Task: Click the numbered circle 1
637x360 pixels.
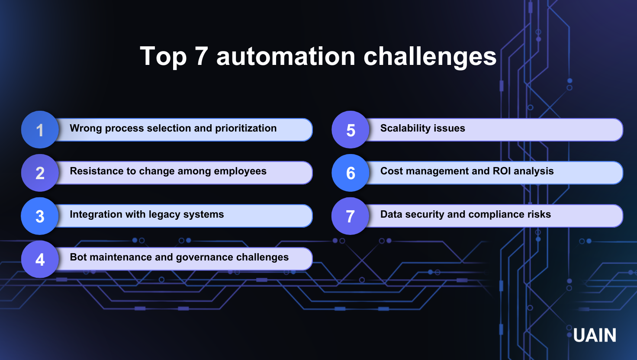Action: [x=40, y=130]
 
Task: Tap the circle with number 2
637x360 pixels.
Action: [x=40, y=173]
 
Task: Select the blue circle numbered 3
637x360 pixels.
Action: [x=40, y=216]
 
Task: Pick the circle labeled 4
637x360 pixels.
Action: [x=40, y=259]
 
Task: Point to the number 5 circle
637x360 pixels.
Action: [x=351, y=130]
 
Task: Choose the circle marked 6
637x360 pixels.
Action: [x=351, y=173]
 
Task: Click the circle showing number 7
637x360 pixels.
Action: [x=351, y=216]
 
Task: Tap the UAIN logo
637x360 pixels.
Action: [x=595, y=335]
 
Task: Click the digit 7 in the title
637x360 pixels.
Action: [x=202, y=56]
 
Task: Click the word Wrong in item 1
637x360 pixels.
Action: [x=86, y=129]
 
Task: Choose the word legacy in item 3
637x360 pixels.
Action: [x=164, y=215]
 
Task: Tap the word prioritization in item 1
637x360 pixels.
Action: [x=246, y=129]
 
